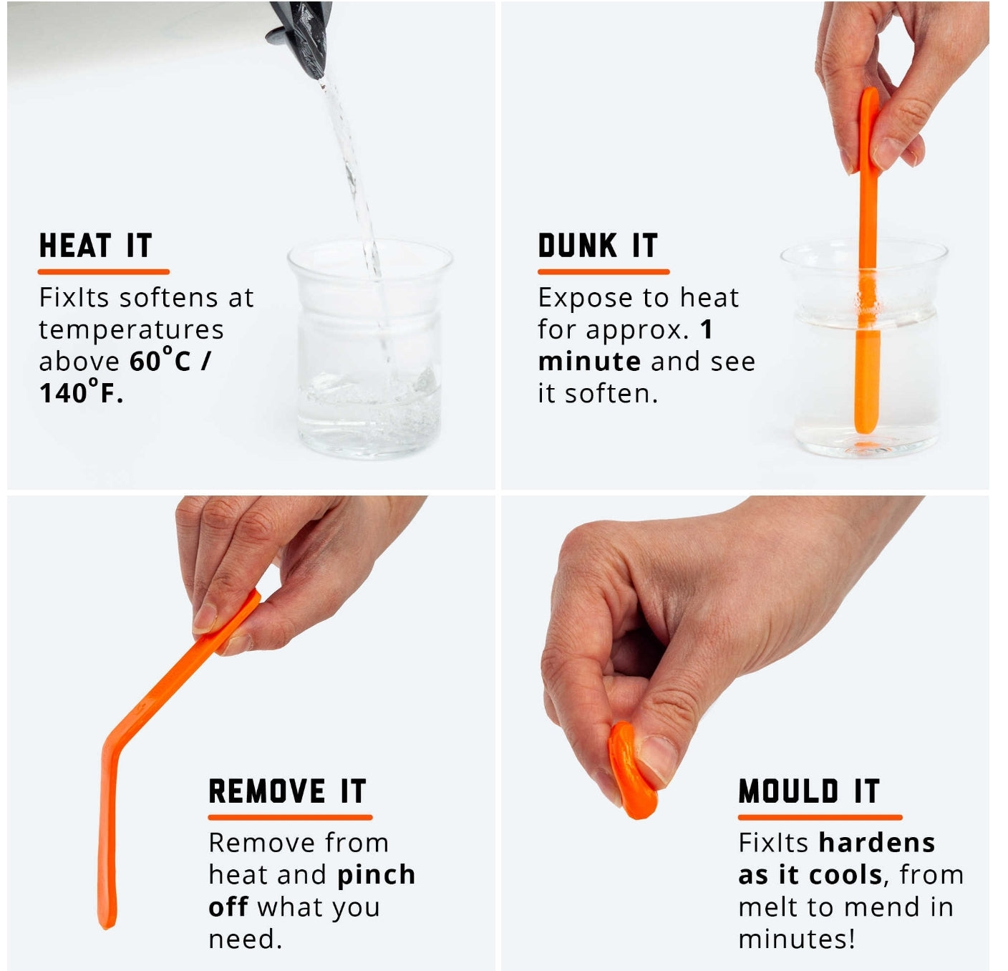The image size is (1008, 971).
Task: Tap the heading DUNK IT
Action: point(598,246)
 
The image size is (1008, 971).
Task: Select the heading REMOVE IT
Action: point(288,791)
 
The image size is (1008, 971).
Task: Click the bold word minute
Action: point(589,361)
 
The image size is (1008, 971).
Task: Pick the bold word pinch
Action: point(376,876)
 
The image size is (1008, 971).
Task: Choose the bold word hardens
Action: point(877,843)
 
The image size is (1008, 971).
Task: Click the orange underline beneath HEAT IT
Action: point(104,271)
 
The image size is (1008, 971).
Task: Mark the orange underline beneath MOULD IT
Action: point(820,817)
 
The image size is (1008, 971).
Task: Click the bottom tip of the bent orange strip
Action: point(107,927)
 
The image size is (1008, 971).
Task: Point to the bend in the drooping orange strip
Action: point(112,741)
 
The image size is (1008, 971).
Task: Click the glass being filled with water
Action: point(370,348)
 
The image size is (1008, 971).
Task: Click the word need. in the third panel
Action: point(245,939)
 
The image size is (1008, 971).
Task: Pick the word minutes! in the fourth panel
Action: point(796,939)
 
